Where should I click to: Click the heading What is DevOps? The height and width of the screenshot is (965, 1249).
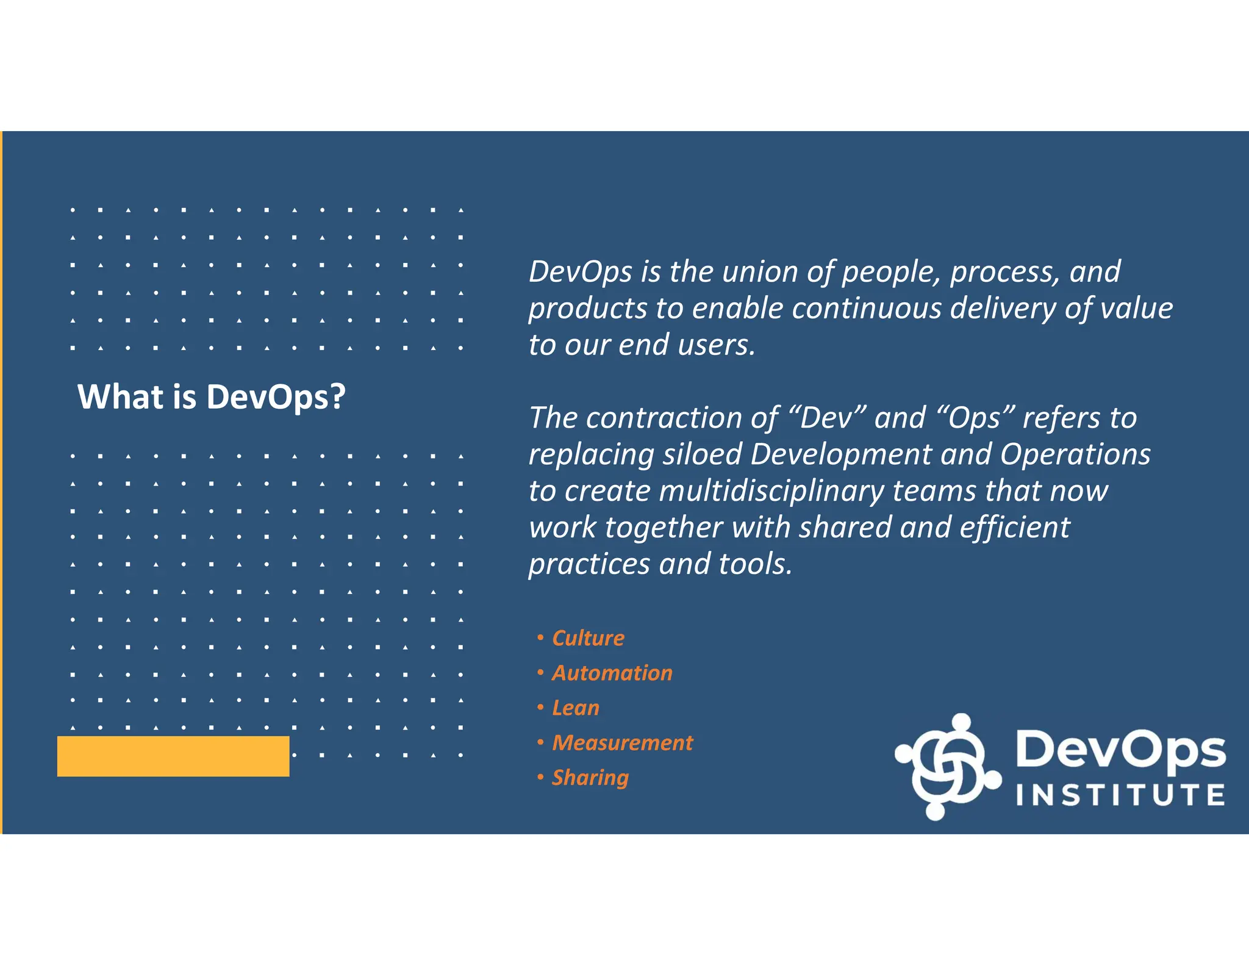pos(211,397)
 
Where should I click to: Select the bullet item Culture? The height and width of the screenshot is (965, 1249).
pos(588,638)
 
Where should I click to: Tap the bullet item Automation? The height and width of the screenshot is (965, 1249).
pos(612,673)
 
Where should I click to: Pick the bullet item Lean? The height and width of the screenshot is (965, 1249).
pos(575,708)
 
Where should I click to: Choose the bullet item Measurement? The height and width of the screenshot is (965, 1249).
pos(622,742)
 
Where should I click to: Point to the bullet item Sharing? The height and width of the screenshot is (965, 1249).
pos(590,777)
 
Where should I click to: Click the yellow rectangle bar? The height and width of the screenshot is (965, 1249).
pos(173,756)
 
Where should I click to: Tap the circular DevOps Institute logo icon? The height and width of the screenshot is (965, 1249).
pos(947,766)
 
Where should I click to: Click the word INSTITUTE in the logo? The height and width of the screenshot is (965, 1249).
pos(1120,795)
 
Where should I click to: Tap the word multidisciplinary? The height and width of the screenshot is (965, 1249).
pos(771,491)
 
